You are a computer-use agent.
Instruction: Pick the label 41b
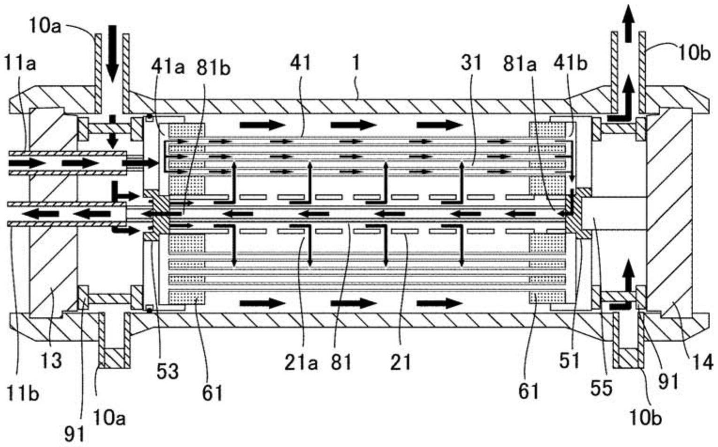pos(571,63)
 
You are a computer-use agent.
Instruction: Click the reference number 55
pos(602,388)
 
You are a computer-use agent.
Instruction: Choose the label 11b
pos(22,394)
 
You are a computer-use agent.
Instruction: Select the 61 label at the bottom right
pos(529,391)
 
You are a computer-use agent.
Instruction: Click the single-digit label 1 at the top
pos(355,63)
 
